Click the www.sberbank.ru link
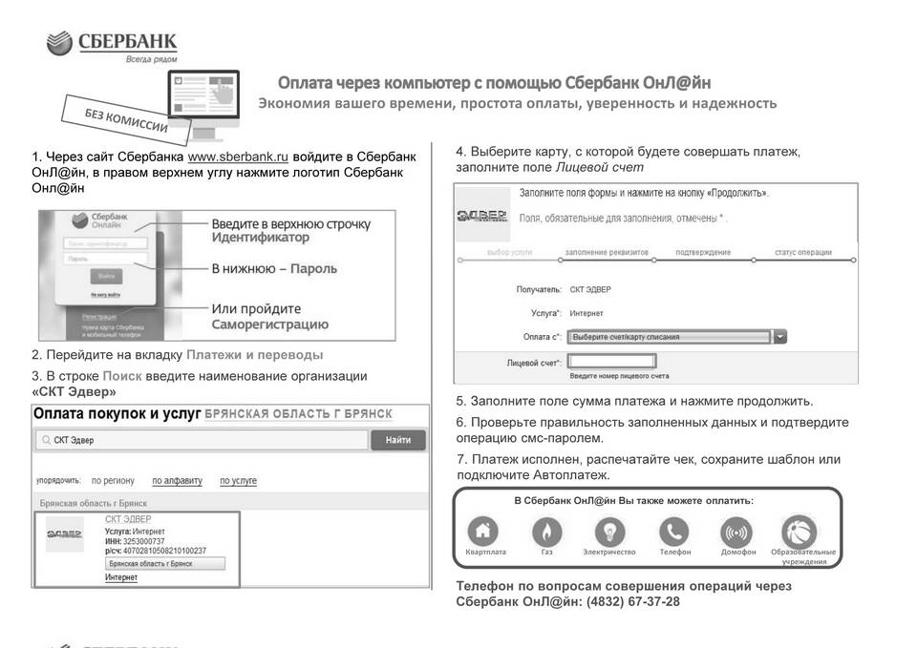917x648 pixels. click(x=238, y=157)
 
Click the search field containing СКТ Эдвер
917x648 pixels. click(x=201, y=440)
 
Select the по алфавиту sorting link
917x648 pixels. click(x=178, y=481)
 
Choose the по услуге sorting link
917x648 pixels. click(x=238, y=481)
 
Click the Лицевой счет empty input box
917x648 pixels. click(x=611, y=362)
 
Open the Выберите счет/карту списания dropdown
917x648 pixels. click(x=677, y=337)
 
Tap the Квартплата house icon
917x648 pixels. click(x=482, y=531)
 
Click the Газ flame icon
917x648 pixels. click(x=547, y=531)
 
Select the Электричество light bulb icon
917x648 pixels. click(x=609, y=531)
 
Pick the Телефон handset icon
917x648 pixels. click(x=674, y=531)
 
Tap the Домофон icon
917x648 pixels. click(x=736, y=531)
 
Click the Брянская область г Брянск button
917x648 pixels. click(x=164, y=564)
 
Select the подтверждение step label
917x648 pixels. click(x=703, y=253)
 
